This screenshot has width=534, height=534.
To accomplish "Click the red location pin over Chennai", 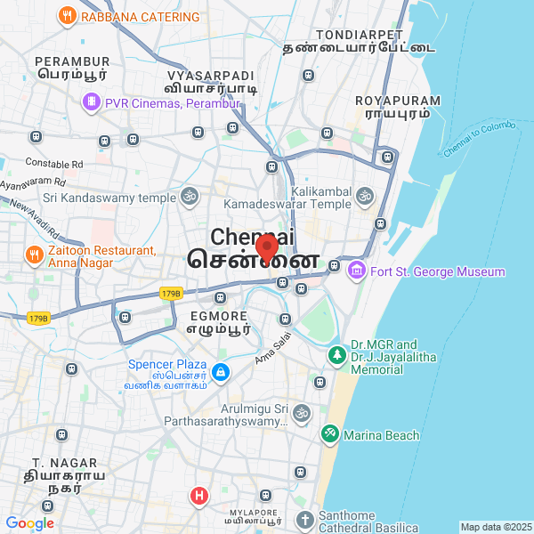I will pos(266,247).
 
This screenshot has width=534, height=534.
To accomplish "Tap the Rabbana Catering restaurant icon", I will pos(67,16).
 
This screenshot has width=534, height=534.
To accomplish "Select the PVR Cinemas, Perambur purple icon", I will pos(91,103).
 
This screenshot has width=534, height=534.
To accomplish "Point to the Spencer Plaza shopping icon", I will pos(221,371).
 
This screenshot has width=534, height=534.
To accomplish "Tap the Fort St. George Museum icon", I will pos(357,271).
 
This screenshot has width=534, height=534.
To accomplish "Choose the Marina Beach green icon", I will pos(329,434).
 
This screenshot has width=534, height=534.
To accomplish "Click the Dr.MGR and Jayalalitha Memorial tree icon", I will pos(336,356).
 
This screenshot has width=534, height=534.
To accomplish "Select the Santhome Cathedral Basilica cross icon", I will pos(305,520).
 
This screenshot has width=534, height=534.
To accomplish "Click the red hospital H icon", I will pos(200,495).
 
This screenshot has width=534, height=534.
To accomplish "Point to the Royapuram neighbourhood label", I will pos(392,107).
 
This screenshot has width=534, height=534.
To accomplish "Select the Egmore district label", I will pos(218,321).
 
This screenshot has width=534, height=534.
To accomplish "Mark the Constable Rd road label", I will pos(53,164).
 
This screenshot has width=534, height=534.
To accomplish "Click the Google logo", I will pos(29,523).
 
